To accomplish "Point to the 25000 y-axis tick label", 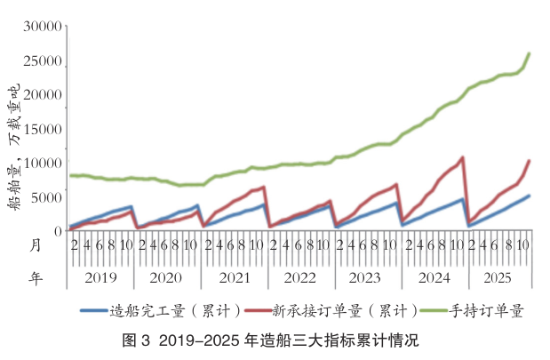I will (x=44, y=61).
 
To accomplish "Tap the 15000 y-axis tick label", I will (x=44, y=130).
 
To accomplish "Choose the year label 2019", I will (x=101, y=278).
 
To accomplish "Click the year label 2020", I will (x=167, y=278).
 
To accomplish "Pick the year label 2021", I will (x=234, y=278).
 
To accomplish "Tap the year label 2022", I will (x=300, y=278).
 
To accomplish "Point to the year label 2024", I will (x=434, y=278).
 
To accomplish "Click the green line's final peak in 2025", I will (x=530, y=53).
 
